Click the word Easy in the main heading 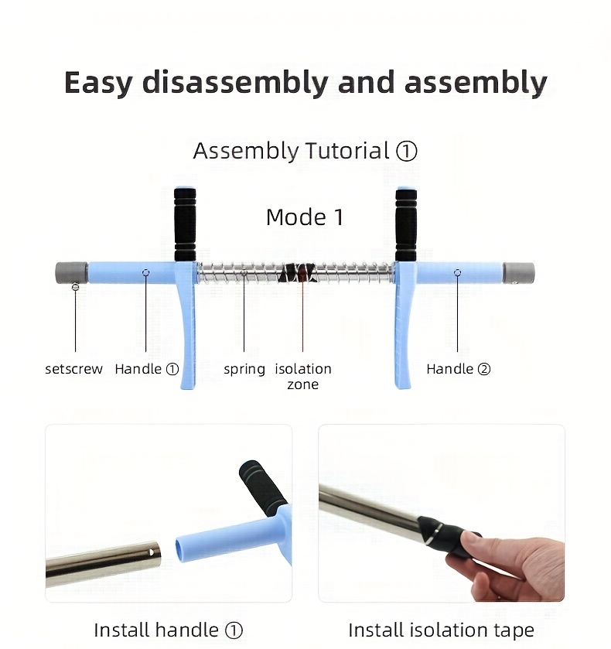coord(98,84)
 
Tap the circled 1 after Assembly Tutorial coord(407,151)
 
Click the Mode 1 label coord(305,217)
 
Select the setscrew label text coord(73,368)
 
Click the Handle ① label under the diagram coord(146,368)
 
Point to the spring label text coord(244,369)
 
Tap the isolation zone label coord(303,376)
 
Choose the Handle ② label coord(458,368)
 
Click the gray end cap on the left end coord(71,272)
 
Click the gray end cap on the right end coord(519,273)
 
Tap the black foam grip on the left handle coord(185,224)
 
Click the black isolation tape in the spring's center coord(299,273)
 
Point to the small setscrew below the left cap coord(75,286)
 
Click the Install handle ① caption coord(168,630)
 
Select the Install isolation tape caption coord(442,630)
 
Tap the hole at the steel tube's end coord(152,552)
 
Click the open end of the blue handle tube coord(181,550)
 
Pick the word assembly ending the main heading coord(476,84)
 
